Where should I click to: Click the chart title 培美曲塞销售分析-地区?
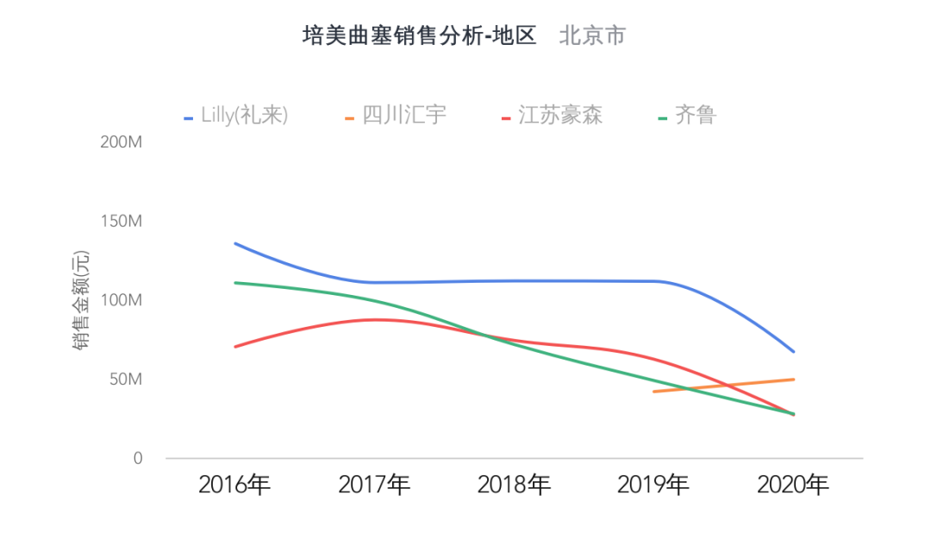[419, 36]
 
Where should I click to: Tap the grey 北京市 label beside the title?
[592, 36]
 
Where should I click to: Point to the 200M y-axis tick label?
[122, 142]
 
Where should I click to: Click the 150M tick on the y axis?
[122, 222]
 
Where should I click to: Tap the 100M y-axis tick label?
[122, 300]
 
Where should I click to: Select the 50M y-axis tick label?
[126, 379]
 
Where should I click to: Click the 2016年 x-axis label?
[234, 486]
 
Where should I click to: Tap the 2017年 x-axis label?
[374, 486]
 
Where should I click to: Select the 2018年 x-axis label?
[514, 486]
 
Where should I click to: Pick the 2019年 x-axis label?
[653, 486]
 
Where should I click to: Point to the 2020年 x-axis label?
[793, 486]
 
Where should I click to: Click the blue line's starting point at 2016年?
[235, 243]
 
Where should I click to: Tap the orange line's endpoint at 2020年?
[793, 379]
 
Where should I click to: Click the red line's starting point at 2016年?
[235, 347]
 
